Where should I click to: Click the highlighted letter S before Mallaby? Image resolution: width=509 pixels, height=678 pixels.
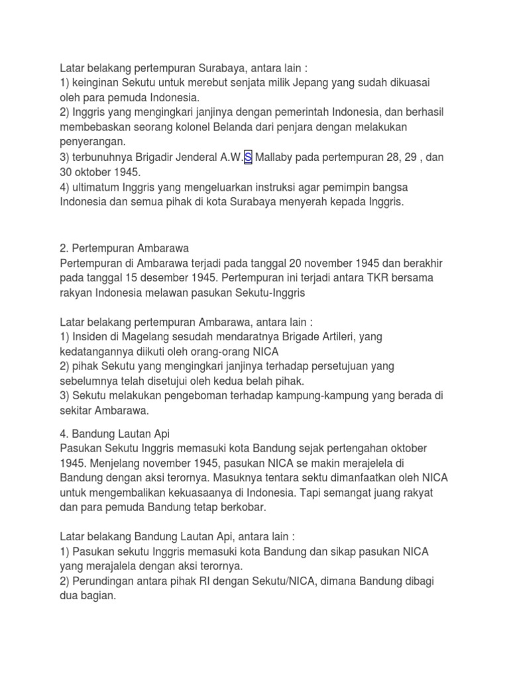pos(248,158)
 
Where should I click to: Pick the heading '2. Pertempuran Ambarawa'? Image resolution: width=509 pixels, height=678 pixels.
pos(125,248)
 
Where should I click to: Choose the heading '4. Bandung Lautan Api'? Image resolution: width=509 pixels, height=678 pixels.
pos(115,434)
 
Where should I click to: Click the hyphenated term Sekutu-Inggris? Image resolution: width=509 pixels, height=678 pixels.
pos(275,293)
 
